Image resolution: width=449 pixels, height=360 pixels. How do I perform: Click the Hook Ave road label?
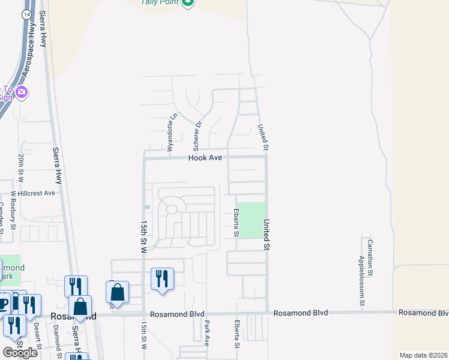pyautogui.click(x=205, y=157)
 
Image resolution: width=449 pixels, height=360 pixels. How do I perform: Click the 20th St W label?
pyautogui.click(x=20, y=167)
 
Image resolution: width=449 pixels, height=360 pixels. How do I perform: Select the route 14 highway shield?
pyautogui.click(x=26, y=13)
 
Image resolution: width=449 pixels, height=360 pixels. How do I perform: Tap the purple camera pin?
pyautogui.click(x=22, y=92)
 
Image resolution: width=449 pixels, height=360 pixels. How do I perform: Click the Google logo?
pyautogui.click(x=20, y=352)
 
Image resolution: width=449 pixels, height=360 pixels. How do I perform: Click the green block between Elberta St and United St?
pyautogui.click(x=252, y=220)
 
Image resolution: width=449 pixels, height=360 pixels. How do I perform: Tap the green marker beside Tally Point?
pyautogui.click(x=188, y=2)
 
